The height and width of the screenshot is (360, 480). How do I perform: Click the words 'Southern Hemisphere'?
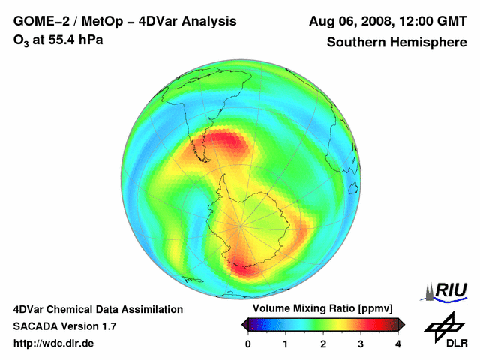pos(396,43)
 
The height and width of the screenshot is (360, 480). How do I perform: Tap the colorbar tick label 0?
pos(248,343)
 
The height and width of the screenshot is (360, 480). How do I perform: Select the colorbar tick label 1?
pos(286,343)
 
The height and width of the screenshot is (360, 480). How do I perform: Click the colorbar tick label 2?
pos(323,343)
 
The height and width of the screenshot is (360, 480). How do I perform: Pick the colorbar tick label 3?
pos(361,343)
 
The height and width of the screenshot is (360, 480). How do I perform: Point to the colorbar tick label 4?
pos(398,343)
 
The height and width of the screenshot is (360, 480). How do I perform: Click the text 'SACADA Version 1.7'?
pos(64,326)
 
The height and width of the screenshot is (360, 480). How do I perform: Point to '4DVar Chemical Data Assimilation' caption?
pos(97,309)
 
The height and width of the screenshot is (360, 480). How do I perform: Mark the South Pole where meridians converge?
pos(240,224)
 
